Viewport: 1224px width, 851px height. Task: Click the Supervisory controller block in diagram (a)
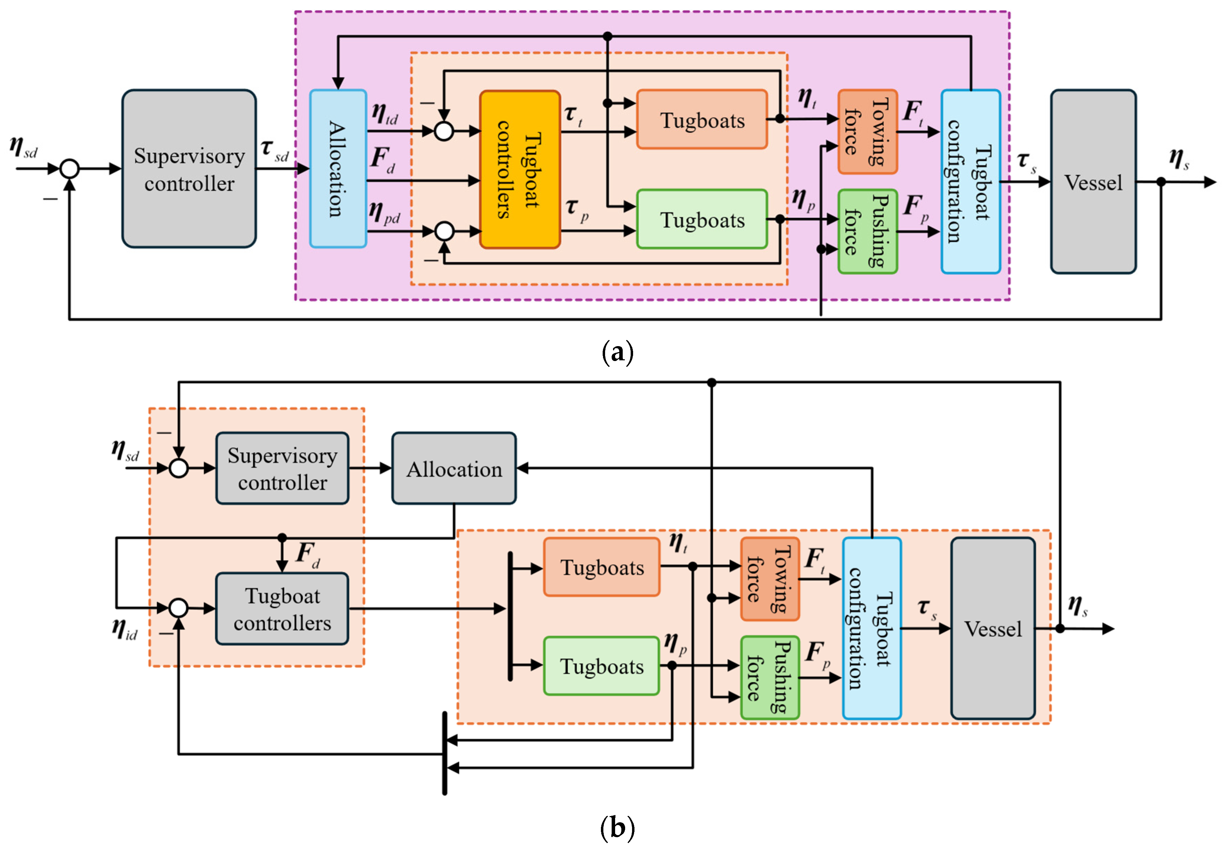click(x=189, y=168)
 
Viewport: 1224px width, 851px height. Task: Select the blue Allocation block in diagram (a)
click(x=338, y=168)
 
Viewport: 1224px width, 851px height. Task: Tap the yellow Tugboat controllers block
click(x=520, y=169)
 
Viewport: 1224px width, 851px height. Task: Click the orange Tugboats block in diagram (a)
click(x=702, y=119)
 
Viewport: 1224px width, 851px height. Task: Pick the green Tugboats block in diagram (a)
click(x=702, y=219)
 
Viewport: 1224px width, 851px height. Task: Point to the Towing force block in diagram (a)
click(x=868, y=132)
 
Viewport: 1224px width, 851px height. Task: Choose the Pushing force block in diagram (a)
click(x=868, y=231)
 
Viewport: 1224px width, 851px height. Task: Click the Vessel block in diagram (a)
click(x=1093, y=182)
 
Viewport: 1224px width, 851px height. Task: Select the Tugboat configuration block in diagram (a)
click(x=970, y=182)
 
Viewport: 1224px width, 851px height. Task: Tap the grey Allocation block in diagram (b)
click(x=454, y=468)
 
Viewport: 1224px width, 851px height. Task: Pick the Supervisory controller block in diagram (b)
click(x=282, y=468)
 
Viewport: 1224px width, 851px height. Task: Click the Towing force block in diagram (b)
click(x=769, y=579)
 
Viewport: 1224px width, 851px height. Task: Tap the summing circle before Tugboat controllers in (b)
click(x=179, y=608)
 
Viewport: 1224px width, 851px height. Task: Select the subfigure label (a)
click(x=617, y=352)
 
